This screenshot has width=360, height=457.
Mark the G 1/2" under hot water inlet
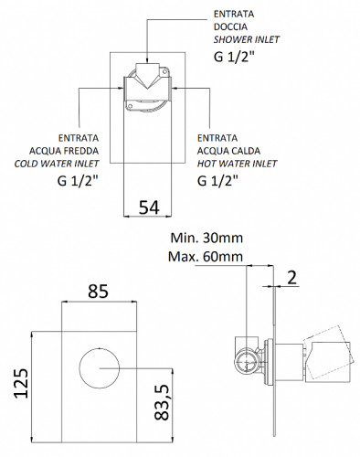point(220,181)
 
